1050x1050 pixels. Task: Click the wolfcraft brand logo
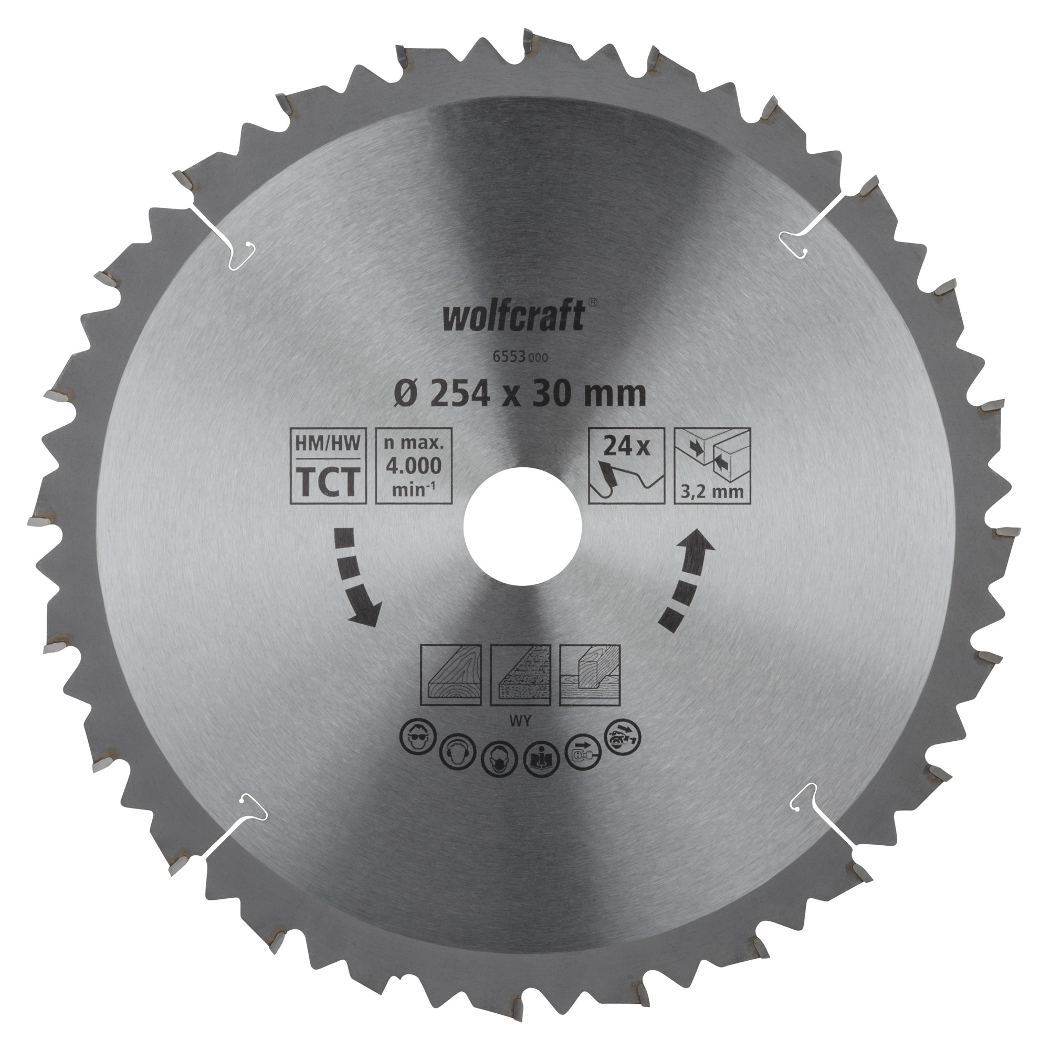coord(513,317)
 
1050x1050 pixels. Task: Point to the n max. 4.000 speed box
coord(414,458)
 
